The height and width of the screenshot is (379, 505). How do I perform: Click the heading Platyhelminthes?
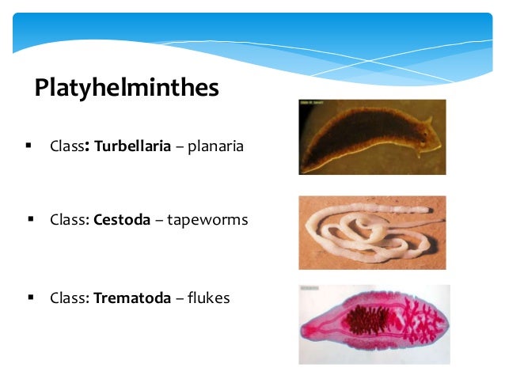126,87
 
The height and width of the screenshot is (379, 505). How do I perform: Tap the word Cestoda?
122,220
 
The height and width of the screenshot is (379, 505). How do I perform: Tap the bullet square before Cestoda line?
31,219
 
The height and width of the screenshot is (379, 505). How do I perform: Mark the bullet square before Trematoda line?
31,298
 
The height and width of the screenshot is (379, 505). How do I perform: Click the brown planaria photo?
371,136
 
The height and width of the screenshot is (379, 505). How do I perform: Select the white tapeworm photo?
371,233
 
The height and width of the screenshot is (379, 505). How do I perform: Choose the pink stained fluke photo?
374,324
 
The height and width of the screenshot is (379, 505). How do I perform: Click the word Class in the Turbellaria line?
66,146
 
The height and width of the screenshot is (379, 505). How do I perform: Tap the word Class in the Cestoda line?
69,220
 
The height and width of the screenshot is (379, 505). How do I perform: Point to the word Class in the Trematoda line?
69,298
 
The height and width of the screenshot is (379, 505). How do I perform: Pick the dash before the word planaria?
180,147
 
